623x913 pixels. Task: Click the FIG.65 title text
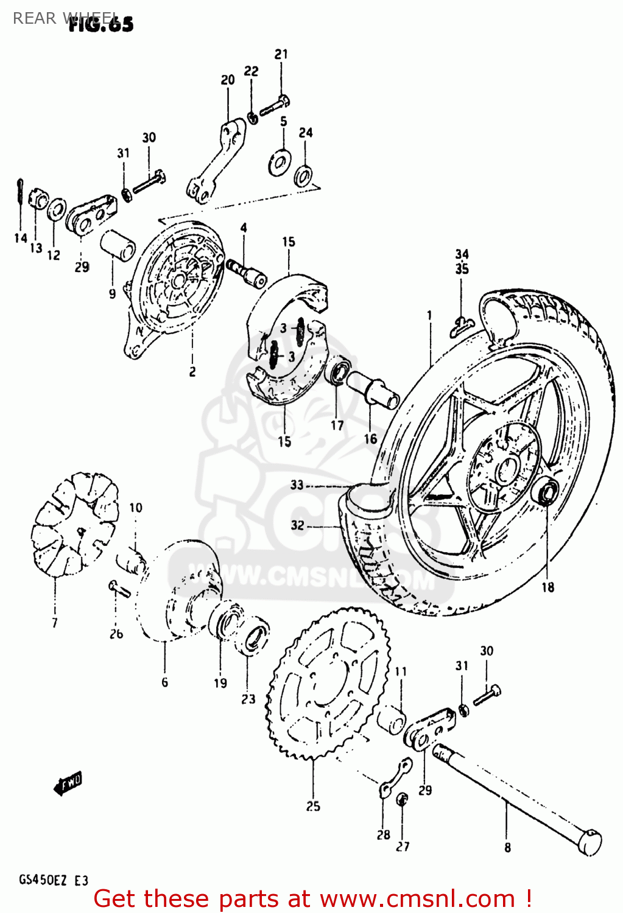click(x=101, y=24)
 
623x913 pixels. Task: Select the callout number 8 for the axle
click(x=507, y=847)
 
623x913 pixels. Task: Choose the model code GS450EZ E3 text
click(x=54, y=881)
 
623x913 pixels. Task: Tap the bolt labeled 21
click(x=275, y=106)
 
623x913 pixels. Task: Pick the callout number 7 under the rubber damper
click(x=55, y=623)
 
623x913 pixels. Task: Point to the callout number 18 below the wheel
click(x=548, y=587)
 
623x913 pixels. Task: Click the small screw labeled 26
click(x=119, y=589)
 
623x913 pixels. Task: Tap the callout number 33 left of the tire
click(x=297, y=485)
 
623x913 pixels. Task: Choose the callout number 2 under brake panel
click(x=192, y=371)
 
